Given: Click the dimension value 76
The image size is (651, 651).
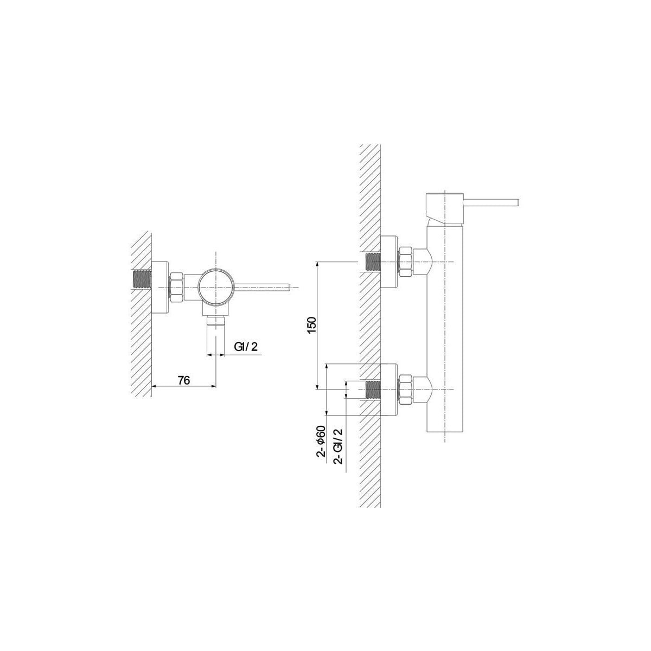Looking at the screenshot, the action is pyautogui.click(x=184, y=380).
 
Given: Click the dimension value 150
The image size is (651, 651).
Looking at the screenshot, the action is pyautogui.click(x=312, y=325).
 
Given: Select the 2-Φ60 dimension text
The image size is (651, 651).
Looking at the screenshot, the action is pyautogui.click(x=321, y=441).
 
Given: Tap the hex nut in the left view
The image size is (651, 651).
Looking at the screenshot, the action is pyautogui.click(x=176, y=287).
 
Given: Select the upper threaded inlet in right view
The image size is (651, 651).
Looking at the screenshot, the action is pyautogui.click(x=374, y=262).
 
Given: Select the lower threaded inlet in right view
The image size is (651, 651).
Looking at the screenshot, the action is pyautogui.click(x=374, y=390).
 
